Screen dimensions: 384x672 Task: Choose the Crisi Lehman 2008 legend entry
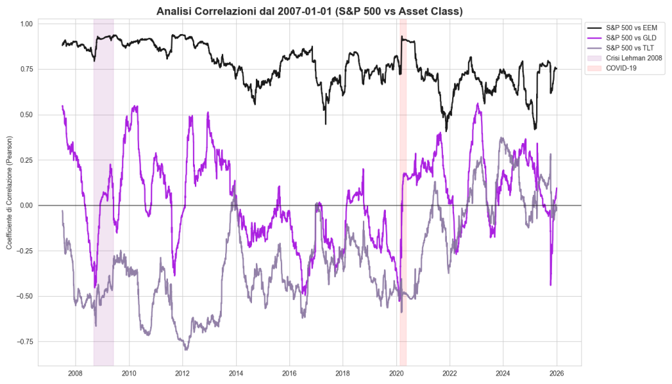[x=633, y=58]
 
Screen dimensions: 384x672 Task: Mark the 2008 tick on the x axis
[x=75, y=373]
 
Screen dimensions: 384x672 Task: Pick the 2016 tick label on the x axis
[x=289, y=373]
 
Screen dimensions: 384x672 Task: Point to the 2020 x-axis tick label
[x=396, y=373]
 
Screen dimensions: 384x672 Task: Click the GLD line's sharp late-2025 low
[x=551, y=285]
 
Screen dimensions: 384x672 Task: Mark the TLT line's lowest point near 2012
[x=186, y=349]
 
